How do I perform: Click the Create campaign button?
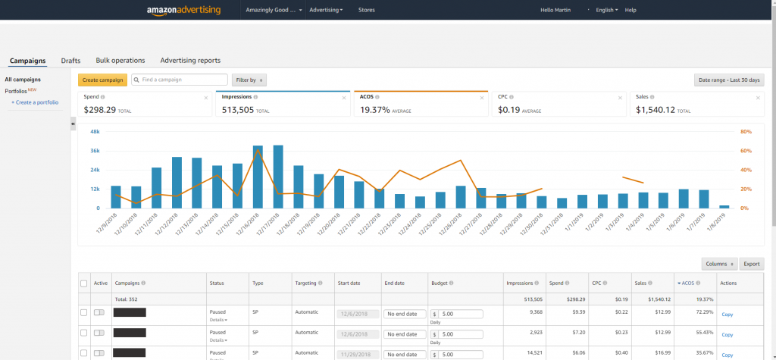[x=102, y=80]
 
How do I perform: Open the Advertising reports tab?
[x=190, y=61]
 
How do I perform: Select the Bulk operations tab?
[x=120, y=61]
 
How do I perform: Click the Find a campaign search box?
[x=180, y=80]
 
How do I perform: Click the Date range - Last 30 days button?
[x=729, y=80]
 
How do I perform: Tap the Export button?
[x=751, y=264]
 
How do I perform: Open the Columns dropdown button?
[x=718, y=264]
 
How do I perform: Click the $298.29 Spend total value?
[x=100, y=110]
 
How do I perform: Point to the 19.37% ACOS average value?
[x=375, y=110]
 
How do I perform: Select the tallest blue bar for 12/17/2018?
[x=278, y=176]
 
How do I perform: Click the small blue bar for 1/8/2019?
[x=724, y=206]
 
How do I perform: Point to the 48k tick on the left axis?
[x=95, y=131]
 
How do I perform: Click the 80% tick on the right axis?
[x=746, y=131]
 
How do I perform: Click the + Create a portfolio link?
[x=34, y=102]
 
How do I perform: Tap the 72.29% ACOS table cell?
[x=685, y=312]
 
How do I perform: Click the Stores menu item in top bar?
[x=367, y=10]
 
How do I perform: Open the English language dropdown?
[x=606, y=10]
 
